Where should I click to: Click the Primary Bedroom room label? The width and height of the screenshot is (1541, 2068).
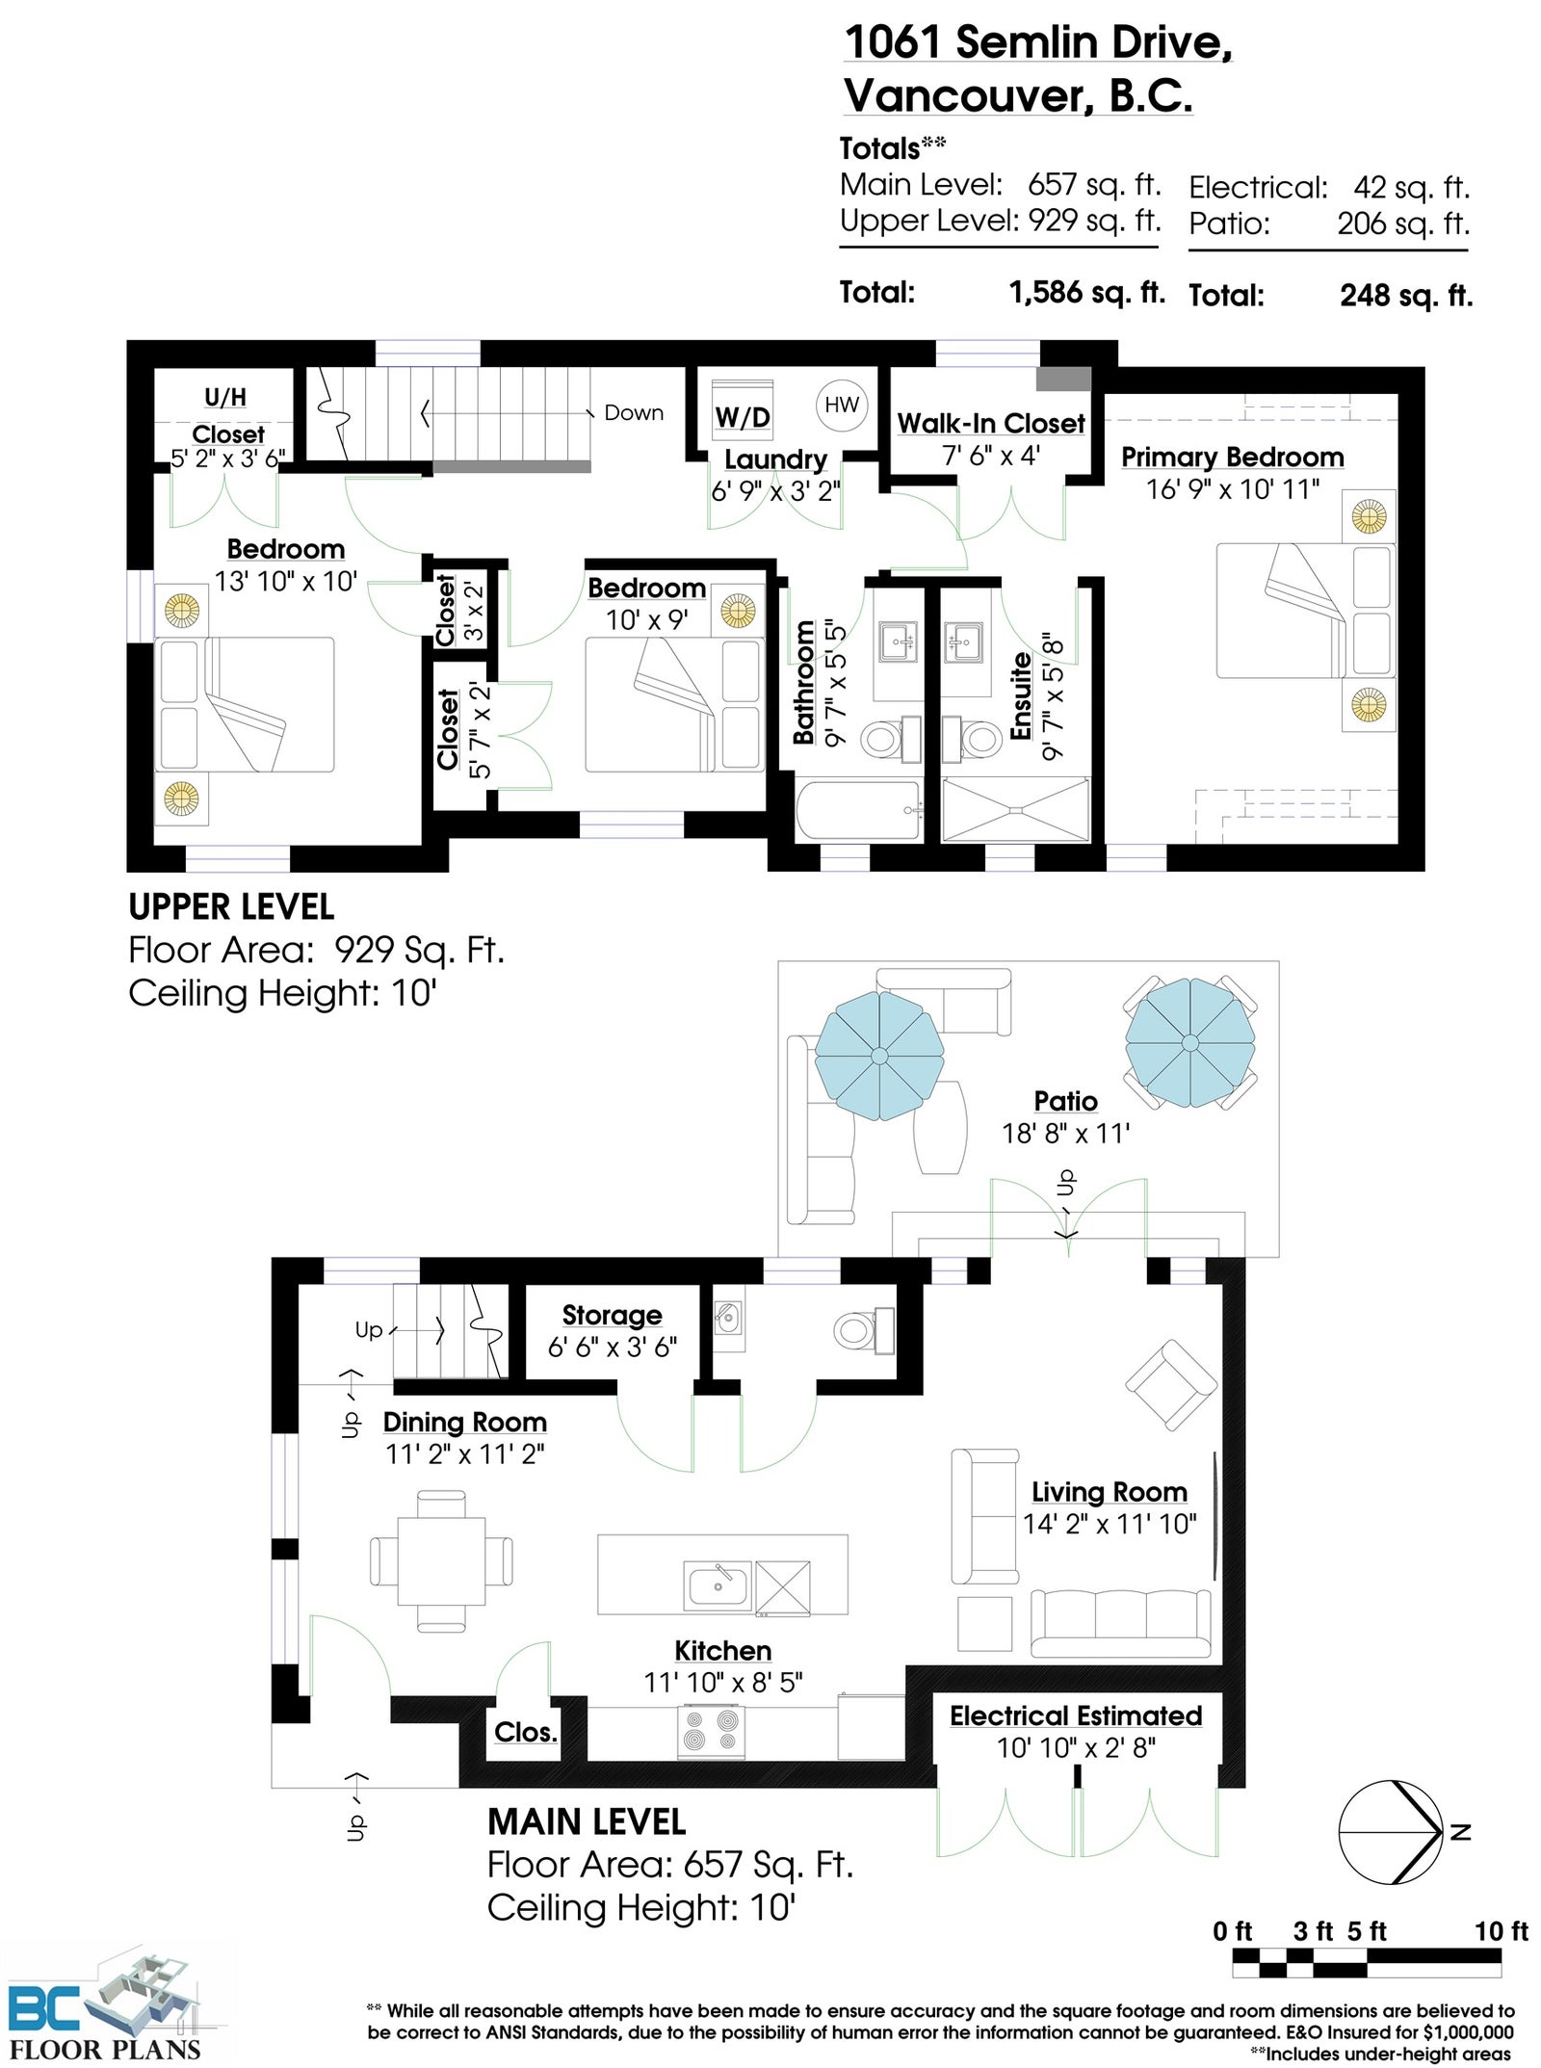click(1232, 457)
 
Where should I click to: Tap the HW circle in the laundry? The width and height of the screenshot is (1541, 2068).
click(841, 405)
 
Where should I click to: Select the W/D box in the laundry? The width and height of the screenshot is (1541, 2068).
click(743, 416)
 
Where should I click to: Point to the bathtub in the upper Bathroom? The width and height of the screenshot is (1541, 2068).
click(858, 811)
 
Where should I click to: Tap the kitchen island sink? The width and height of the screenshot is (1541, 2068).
click(718, 1584)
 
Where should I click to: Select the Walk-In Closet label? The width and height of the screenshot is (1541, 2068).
click(991, 423)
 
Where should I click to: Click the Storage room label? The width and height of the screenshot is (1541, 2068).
click(612, 1315)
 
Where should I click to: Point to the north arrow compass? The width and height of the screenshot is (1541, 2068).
click(1392, 1831)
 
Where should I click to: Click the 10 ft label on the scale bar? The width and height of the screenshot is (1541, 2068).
click(1501, 1930)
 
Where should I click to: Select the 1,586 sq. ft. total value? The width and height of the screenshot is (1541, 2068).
click(1086, 292)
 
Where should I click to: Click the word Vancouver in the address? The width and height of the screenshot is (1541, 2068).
click(971, 95)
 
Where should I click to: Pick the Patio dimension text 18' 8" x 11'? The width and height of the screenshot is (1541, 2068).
click(1065, 1133)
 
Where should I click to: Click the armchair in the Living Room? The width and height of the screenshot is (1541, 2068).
click(1170, 1386)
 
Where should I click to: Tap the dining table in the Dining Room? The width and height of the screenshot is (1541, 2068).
click(441, 1560)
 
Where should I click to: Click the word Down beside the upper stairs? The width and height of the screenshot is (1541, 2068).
click(634, 412)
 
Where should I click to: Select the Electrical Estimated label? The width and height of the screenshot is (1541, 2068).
click(1076, 1715)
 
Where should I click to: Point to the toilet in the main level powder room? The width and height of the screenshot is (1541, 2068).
click(863, 1331)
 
